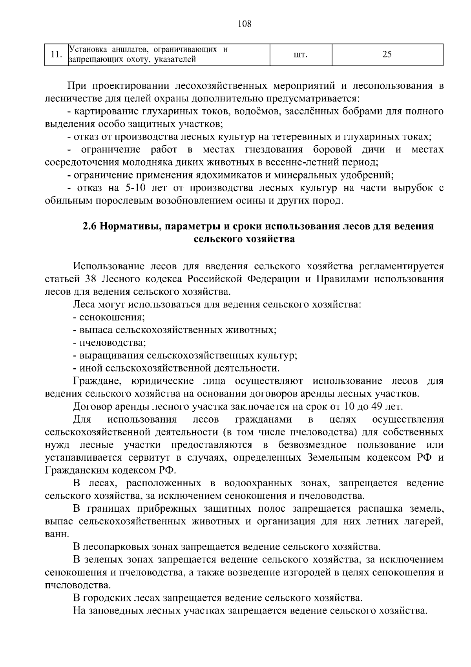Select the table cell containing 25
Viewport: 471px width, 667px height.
(x=387, y=54)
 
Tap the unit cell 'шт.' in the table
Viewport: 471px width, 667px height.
(x=300, y=54)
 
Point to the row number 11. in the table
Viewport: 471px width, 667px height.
(x=56, y=54)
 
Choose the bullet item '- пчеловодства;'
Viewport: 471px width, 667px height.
(x=110, y=343)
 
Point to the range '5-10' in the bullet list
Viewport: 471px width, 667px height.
(x=134, y=188)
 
